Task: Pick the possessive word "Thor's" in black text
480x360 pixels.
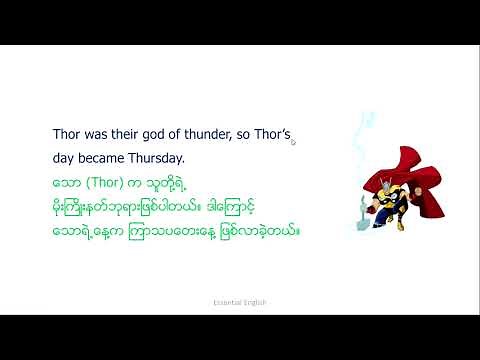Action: pyautogui.click(x=274, y=133)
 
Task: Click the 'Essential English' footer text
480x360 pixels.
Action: pyautogui.click(x=239, y=301)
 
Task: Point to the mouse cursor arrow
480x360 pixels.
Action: pyautogui.click(x=293, y=141)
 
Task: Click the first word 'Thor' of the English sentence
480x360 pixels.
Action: pyautogui.click(x=66, y=133)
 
